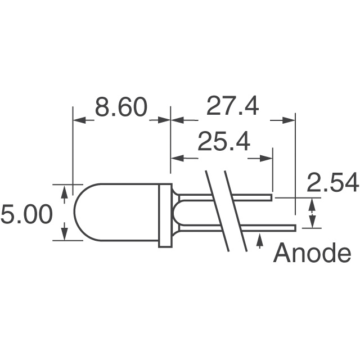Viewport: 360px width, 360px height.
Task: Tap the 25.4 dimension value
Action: coord(223,143)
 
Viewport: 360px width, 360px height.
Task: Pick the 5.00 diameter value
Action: coord(26,215)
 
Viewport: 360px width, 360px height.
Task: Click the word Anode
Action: coord(312,254)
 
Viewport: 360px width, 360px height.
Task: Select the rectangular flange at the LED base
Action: coord(165,215)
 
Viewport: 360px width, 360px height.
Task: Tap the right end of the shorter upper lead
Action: coord(271,198)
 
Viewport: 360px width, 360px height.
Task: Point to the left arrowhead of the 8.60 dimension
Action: coord(79,119)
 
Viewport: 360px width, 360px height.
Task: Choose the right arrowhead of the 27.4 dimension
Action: coord(289,119)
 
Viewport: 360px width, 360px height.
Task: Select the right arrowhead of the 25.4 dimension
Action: coord(267,158)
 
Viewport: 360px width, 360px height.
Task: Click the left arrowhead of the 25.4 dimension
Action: coord(177,158)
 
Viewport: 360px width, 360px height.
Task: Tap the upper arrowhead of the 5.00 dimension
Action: coord(64,193)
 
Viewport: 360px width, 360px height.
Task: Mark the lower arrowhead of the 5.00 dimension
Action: coord(64,231)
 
